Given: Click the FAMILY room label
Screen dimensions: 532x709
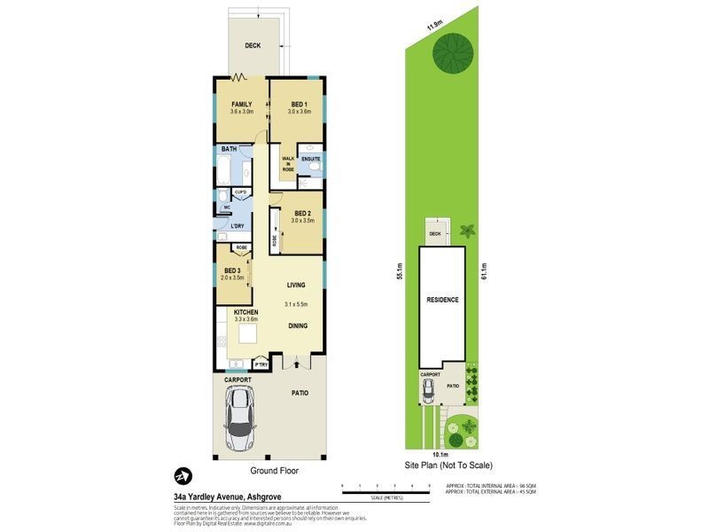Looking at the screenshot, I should (242, 104).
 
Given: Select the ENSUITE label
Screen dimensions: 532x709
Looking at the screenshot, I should (310, 159).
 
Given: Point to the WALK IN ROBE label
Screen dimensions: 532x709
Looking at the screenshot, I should (288, 163).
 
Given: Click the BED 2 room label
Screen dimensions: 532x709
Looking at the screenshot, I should (302, 213).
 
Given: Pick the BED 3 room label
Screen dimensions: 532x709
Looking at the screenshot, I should (232, 270).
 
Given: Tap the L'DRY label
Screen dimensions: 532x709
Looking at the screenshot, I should (238, 226).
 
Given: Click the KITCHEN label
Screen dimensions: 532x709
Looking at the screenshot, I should (245, 312).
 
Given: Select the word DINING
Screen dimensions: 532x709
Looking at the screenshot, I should (298, 325).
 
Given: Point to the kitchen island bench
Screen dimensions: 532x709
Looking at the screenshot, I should (245, 334).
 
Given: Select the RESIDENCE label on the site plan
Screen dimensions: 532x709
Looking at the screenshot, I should (442, 300).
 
